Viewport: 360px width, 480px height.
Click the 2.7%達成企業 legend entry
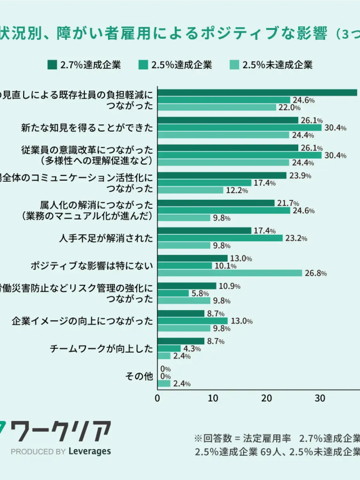coord(84,65)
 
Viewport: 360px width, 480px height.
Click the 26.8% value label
coord(316,273)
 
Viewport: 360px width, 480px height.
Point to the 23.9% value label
coord(300,176)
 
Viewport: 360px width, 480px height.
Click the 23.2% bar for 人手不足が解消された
coord(220,238)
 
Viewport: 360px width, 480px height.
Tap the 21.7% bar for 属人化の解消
coord(216,203)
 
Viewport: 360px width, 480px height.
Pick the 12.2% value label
coord(237,191)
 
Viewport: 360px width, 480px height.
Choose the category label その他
coord(139,376)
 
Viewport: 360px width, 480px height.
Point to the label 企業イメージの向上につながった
coord(82,321)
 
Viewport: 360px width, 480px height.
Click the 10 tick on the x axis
coord(212,398)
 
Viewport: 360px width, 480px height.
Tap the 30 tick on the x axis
coord(320,398)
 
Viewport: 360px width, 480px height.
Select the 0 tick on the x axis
coord(157,398)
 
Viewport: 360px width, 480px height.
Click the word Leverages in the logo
coord(89,451)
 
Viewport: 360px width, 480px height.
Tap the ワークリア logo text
coord(62,431)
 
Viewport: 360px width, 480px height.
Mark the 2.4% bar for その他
coord(164,384)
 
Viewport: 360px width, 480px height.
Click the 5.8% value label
coord(200,293)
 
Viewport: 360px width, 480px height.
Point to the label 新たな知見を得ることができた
coord(87,128)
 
